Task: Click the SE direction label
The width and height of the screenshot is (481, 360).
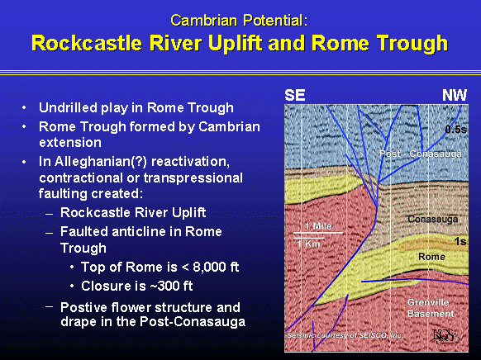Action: point(295,95)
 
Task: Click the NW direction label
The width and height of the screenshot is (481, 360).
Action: point(455,95)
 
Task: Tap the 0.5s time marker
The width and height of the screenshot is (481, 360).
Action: point(456,130)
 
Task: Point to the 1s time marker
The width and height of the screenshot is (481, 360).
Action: point(460,242)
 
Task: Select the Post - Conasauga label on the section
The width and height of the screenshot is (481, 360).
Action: point(421,154)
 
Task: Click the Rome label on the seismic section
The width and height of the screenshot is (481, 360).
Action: point(431,257)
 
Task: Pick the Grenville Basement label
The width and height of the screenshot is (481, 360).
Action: point(431,308)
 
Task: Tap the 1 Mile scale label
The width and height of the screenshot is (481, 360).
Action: point(318,226)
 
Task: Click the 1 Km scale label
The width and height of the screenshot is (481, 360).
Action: point(308,244)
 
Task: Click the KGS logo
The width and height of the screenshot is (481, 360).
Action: point(445,335)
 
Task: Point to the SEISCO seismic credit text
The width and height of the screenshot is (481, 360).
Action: point(345,335)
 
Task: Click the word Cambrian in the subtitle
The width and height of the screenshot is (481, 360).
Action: point(203,21)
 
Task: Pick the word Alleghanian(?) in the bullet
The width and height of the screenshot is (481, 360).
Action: point(102,162)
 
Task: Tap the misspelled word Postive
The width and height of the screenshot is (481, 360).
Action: point(81,307)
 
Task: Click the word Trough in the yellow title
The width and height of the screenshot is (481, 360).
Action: point(412,44)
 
